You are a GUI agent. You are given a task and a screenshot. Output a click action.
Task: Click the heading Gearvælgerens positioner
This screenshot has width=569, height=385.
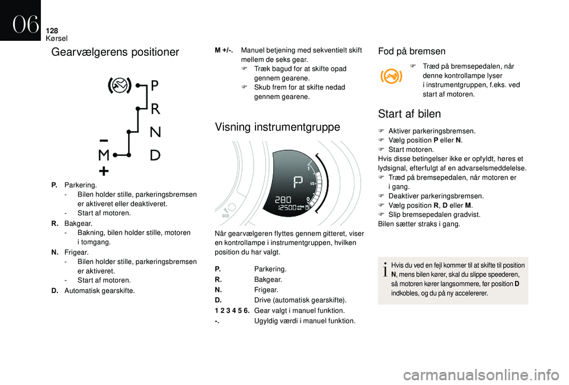(x=115, y=52)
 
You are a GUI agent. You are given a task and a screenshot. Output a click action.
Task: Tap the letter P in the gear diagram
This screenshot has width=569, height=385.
(x=155, y=86)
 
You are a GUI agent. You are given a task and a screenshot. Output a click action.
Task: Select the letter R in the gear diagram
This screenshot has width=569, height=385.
(x=155, y=109)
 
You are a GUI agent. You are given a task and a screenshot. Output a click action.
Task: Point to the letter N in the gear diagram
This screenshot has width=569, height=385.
(x=155, y=131)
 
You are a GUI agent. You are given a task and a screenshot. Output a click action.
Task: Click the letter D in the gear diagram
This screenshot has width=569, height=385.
(x=155, y=155)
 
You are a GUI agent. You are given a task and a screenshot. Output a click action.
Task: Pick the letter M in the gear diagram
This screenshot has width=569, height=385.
(x=103, y=155)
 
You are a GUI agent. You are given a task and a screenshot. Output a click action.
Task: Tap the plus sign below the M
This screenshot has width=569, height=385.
(x=103, y=171)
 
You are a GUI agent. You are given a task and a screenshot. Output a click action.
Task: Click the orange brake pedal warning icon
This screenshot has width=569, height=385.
(x=391, y=77)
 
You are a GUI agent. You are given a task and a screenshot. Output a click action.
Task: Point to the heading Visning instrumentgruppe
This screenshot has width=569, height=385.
(x=277, y=127)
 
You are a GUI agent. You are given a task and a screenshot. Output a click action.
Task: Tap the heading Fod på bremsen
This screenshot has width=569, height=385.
(x=411, y=52)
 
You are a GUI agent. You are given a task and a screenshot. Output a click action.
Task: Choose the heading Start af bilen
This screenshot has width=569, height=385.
(x=409, y=113)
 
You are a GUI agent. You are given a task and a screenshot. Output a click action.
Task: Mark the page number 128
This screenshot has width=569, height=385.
(x=53, y=30)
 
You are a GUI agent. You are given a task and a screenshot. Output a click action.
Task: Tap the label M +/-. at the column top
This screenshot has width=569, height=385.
(x=223, y=50)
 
